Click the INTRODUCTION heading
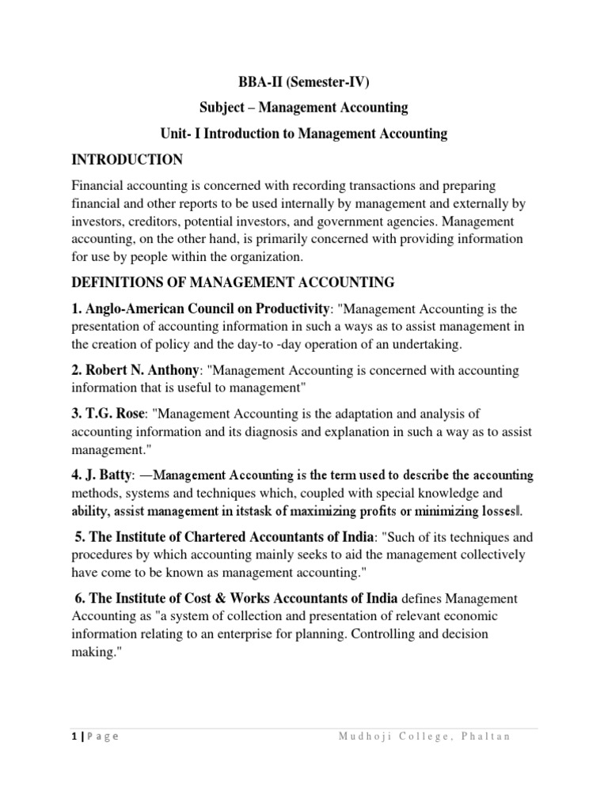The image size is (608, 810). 127,160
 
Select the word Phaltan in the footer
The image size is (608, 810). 485,736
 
